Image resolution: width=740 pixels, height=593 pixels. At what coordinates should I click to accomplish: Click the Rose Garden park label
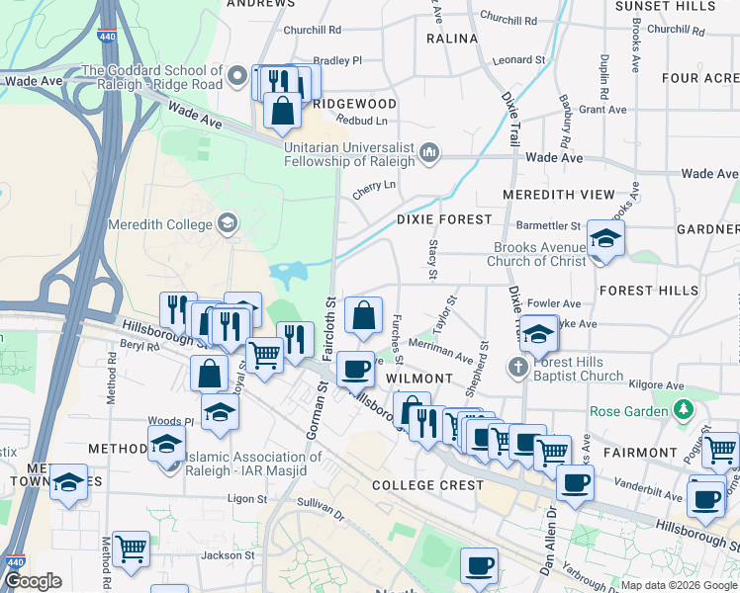click(628, 411)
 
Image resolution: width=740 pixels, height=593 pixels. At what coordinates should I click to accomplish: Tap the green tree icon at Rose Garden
click(682, 409)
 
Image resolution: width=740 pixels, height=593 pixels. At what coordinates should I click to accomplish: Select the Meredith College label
click(162, 224)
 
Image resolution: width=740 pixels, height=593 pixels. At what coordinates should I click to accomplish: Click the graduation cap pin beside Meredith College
click(229, 223)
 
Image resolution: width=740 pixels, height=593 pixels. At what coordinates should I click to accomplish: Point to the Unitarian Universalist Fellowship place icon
click(429, 152)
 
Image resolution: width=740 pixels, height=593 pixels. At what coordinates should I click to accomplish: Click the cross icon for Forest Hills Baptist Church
click(515, 368)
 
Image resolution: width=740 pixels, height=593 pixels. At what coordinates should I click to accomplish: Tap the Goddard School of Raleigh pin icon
click(237, 76)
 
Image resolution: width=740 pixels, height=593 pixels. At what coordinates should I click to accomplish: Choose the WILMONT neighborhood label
click(418, 379)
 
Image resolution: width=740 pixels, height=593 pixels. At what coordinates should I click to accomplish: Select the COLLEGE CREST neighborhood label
click(428, 485)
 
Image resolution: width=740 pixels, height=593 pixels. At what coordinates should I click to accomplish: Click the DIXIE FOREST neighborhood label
click(444, 218)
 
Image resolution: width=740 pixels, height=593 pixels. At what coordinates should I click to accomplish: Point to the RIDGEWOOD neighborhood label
click(354, 104)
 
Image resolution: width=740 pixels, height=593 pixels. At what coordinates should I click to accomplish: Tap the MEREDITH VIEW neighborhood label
click(558, 195)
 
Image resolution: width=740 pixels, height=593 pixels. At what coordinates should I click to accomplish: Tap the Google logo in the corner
click(33, 581)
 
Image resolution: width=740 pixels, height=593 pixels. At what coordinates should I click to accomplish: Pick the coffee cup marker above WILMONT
click(355, 369)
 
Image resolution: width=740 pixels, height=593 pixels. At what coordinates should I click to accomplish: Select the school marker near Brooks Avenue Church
click(604, 238)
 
